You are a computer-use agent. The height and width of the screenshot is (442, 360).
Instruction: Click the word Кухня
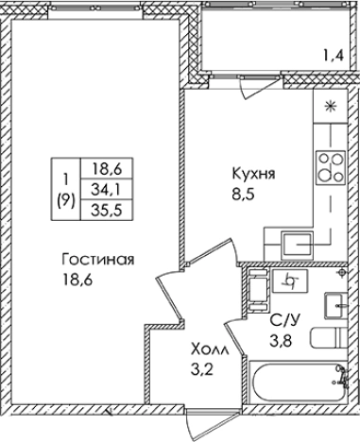pyautogui.click(x=251, y=174)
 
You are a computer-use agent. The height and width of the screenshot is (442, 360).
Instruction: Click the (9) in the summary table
pyautogui.click(x=65, y=199)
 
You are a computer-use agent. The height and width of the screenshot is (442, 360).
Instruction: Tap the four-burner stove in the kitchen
pyautogui.click(x=330, y=166)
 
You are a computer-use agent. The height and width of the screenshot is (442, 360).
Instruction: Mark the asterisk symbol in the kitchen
pyautogui.click(x=331, y=106)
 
